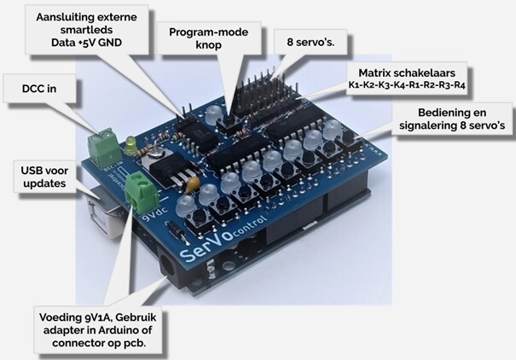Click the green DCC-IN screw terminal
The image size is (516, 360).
point(105,146)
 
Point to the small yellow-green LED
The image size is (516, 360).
point(129,142)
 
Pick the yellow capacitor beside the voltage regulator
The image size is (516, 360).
point(193,182)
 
